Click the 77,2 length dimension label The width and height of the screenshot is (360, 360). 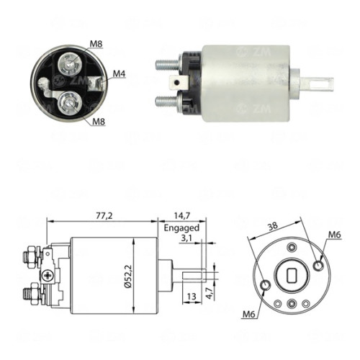point(104,216)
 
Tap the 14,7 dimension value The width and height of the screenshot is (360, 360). point(182,216)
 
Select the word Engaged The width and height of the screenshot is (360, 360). point(181,228)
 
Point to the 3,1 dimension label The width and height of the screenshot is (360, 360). point(186,239)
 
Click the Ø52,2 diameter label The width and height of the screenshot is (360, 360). point(128,276)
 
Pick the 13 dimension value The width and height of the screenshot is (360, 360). point(192,297)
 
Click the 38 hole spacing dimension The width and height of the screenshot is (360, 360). point(273,226)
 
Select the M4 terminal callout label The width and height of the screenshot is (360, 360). point(120,74)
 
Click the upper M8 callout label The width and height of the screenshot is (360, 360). point(96,44)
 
